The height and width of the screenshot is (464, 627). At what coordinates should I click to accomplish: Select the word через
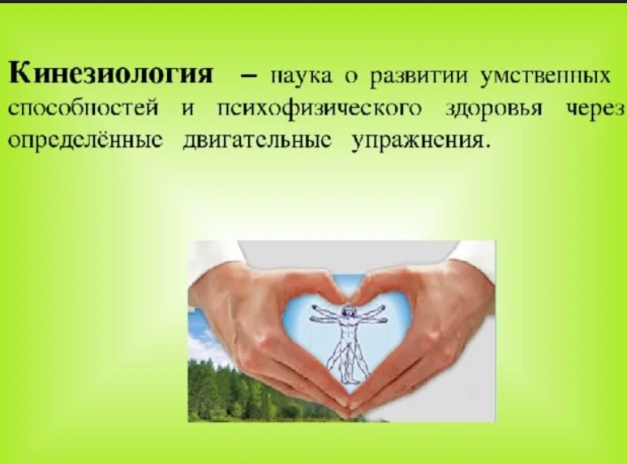tap(596, 110)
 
